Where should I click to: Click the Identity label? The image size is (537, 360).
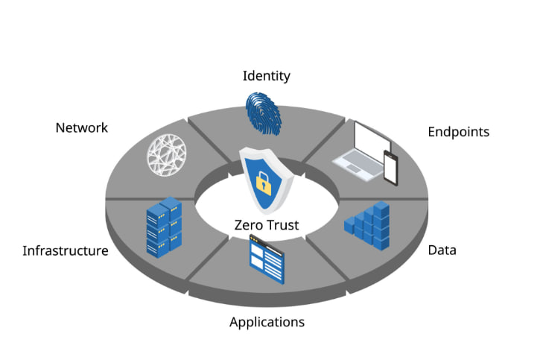click(x=266, y=76)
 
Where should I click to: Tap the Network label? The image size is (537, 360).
click(x=81, y=127)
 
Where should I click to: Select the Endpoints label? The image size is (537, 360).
click(x=458, y=132)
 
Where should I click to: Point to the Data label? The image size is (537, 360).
click(x=442, y=250)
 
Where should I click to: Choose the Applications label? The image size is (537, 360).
click(x=267, y=322)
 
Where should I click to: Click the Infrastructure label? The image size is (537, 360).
click(x=65, y=250)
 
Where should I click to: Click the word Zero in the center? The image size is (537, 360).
click(x=248, y=224)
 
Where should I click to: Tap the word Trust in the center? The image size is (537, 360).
click(x=282, y=224)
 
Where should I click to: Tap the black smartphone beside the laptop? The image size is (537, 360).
click(x=390, y=167)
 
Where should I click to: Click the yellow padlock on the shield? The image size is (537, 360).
click(x=263, y=180)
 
